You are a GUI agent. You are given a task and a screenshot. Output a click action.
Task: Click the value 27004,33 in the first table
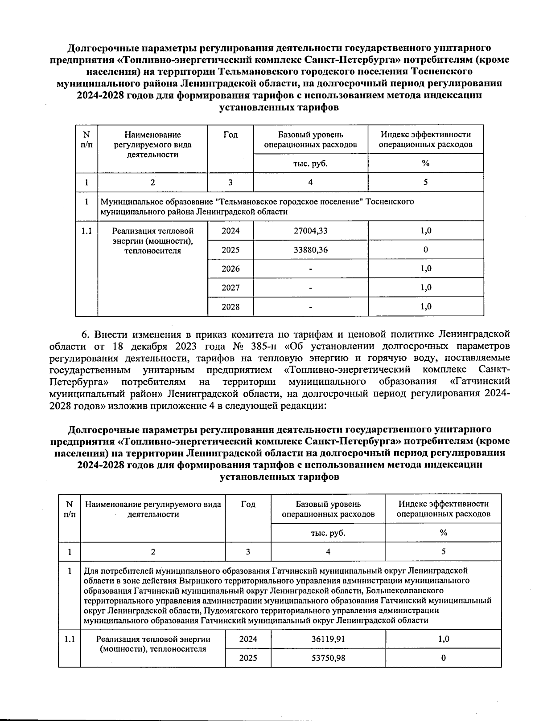coord(310,231)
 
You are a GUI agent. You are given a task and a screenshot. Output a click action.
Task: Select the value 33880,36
coord(310,250)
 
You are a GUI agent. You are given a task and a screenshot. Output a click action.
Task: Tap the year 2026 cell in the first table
coord(230,269)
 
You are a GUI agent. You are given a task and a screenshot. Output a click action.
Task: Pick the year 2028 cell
coord(230,306)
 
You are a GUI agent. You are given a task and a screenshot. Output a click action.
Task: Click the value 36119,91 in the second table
coord(328,639)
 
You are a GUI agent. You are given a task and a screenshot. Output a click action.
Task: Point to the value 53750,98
coord(328,658)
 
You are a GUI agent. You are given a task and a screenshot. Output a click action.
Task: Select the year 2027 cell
coord(230,288)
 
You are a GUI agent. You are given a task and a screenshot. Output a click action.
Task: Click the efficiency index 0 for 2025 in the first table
coord(426,250)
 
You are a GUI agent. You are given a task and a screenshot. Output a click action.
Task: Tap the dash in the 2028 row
coord(310,307)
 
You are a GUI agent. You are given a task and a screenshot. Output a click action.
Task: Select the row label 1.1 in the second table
coord(69,639)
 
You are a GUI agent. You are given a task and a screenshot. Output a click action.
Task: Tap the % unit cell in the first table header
coord(426,163)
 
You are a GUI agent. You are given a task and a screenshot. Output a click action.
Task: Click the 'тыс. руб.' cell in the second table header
coord(328,533)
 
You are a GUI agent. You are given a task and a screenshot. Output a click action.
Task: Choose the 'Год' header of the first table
coord(230,134)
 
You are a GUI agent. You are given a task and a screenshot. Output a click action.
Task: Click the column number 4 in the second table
coord(328,551)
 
